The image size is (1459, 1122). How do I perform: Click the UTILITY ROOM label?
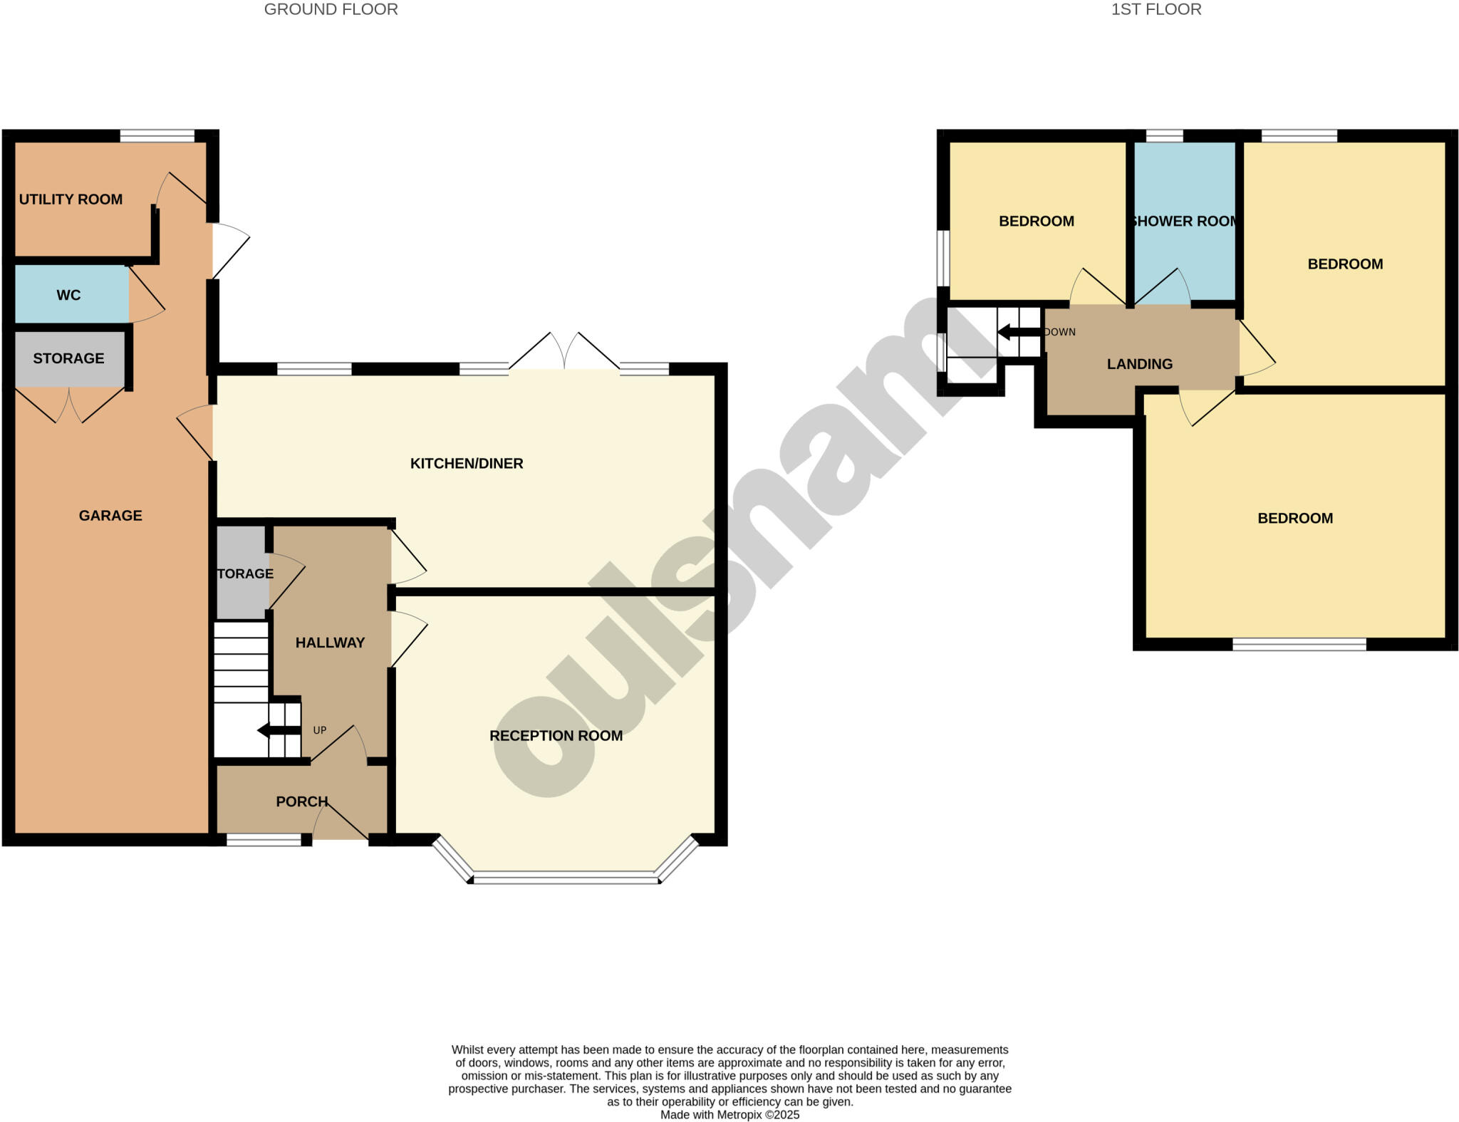[x=71, y=199]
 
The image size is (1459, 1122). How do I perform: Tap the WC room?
[x=69, y=295]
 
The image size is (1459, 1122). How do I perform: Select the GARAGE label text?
[x=110, y=516]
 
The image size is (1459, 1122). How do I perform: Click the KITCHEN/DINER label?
[x=467, y=464]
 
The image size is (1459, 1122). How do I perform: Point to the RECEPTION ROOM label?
[x=556, y=736]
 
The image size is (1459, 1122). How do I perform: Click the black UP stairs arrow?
[x=278, y=730]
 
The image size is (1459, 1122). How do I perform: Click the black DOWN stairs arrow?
[x=1019, y=332]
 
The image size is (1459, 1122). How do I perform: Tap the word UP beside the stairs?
[x=320, y=730]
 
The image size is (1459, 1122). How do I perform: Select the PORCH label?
[x=302, y=801]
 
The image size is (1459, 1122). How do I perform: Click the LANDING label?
[x=1139, y=364]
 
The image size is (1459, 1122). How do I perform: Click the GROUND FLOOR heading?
[x=331, y=9]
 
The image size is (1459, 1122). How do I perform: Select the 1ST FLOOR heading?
[x=1156, y=9]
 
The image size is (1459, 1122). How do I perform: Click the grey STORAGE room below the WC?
[x=68, y=358]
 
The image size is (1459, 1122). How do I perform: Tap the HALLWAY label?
[x=330, y=643]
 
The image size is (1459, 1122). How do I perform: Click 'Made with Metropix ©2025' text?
[x=729, y=1115]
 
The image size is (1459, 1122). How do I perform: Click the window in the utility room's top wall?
[x=157, y=135]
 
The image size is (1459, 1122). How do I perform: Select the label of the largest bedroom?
[x=1295, y=519]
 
